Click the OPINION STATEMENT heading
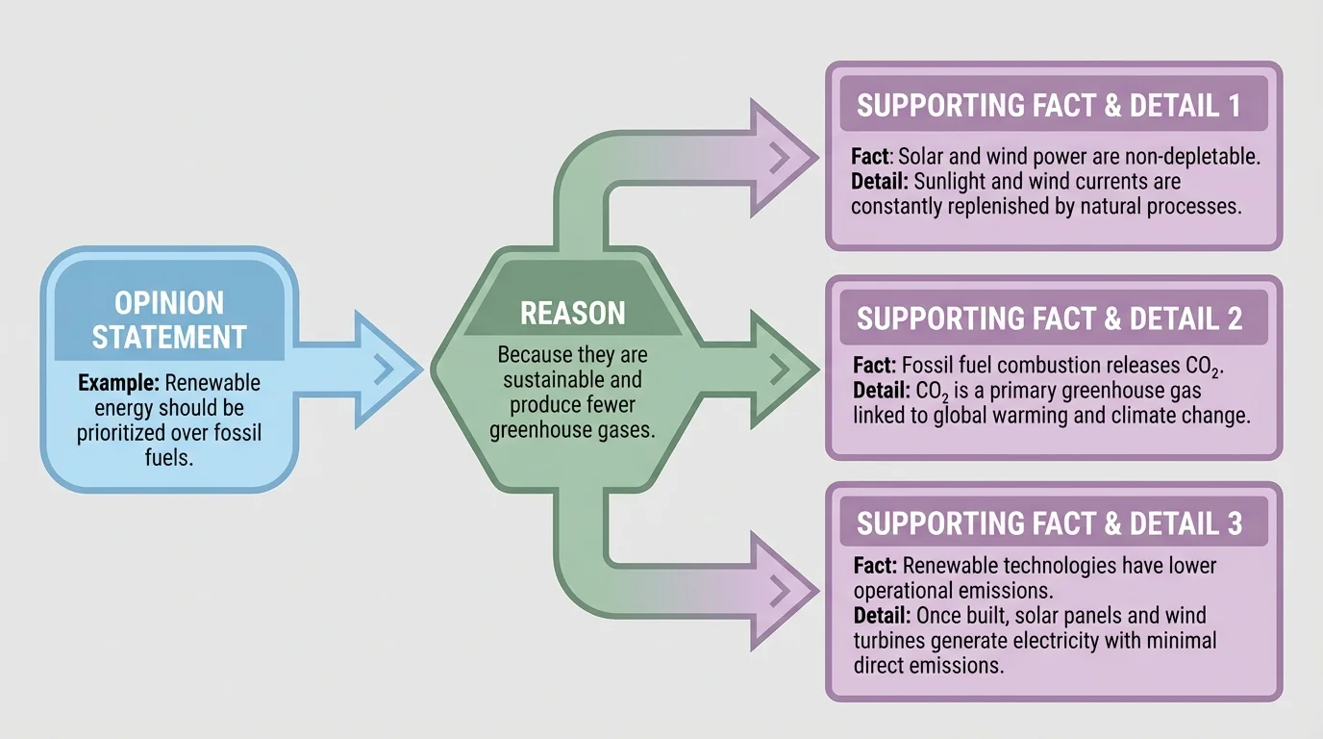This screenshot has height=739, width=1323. (x=168, y=319)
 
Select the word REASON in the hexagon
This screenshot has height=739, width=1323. (x=572, y=313)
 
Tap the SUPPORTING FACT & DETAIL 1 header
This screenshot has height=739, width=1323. (x=1049, y=106)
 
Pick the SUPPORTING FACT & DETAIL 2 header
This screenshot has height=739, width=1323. (x=1049, y=319)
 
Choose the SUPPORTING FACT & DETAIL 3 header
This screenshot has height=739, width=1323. (x=1049, y=523)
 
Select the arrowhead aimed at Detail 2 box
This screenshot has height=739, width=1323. (x=781, y=367)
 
